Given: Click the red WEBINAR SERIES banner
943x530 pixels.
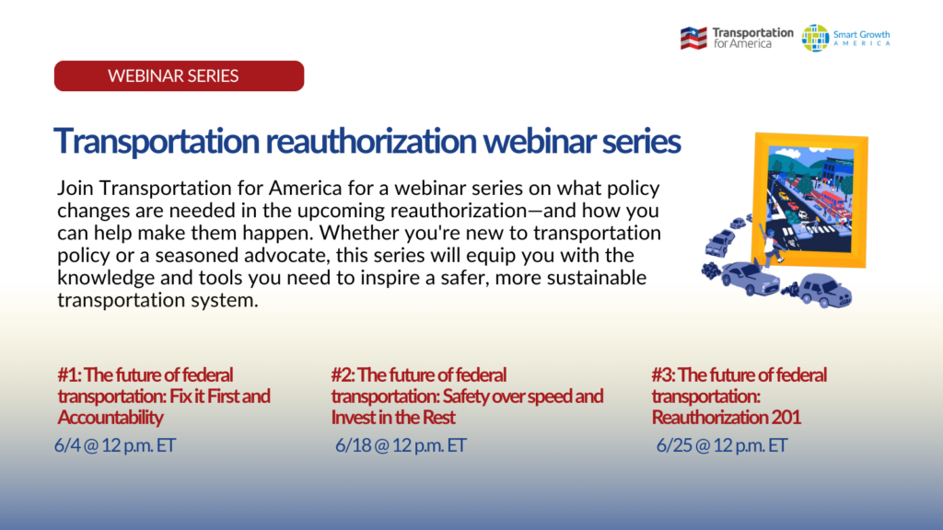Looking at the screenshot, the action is click(x=180, y=75).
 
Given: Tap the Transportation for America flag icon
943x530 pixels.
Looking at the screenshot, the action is click(x=693, y=38).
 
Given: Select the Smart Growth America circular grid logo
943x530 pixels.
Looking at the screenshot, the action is click(x=815, y=38).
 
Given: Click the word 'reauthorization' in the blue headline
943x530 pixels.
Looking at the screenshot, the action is click(x=371, y=141).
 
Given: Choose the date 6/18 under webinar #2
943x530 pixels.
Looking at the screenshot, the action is click(x=353, y=445).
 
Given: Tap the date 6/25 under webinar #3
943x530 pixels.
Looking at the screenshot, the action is click(x=674, y=445).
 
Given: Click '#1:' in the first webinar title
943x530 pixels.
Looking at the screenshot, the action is click(x=69, y=375).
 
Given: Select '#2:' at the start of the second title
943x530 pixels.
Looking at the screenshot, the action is click(x=343, y=375).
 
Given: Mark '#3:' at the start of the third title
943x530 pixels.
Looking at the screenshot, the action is click(x=664, y=375).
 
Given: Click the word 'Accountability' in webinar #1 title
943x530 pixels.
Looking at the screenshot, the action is click(x=111, y=418).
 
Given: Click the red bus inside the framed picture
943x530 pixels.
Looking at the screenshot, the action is click(x=832, y=201).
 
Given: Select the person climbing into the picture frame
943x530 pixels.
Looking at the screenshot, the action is click(x=770, y=243).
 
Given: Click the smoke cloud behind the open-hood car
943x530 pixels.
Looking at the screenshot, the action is click(x=712, y=271).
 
